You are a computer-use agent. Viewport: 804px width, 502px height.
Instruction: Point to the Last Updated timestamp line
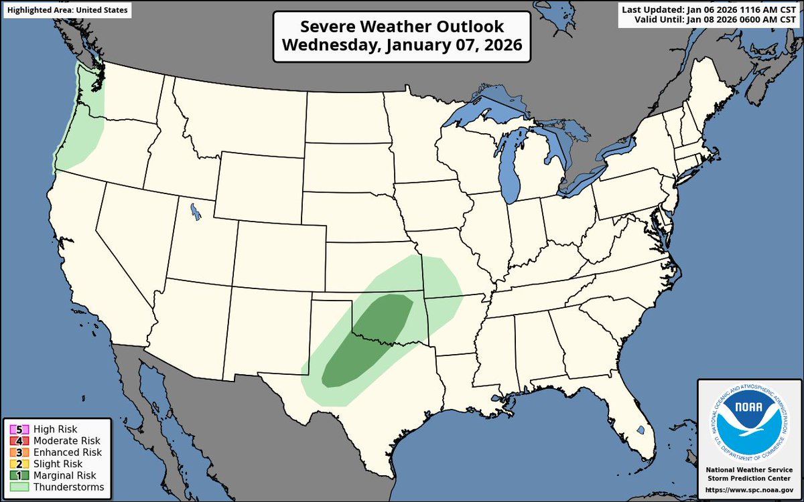click(710, 9)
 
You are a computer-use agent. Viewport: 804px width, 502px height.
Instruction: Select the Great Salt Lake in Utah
click(195, 212)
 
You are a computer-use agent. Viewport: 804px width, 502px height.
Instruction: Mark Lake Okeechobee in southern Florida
click(641, 430)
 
